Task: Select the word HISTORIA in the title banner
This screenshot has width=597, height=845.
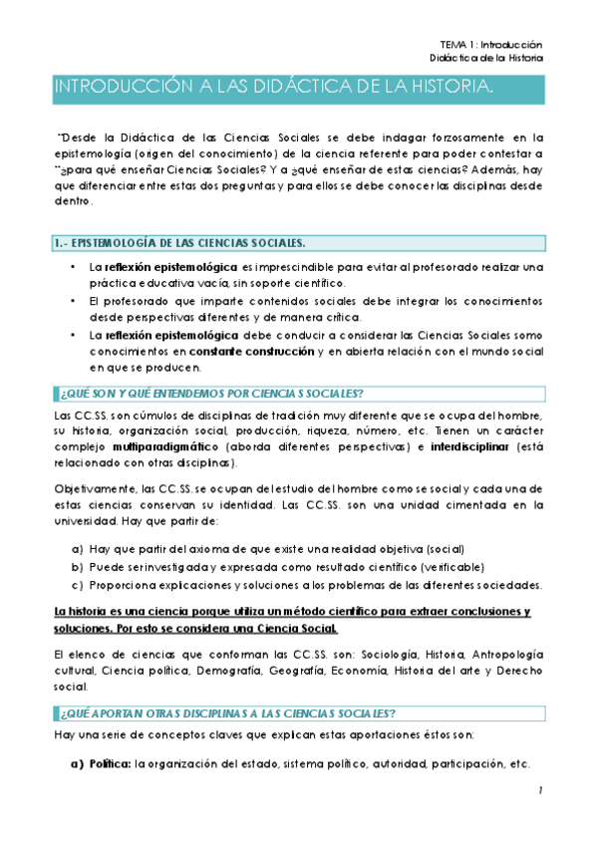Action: tap(448, 90)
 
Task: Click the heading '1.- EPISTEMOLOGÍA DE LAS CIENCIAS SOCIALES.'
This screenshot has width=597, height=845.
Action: tap(178, 243)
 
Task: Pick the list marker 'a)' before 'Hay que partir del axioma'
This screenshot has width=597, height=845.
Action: tap(77, 549)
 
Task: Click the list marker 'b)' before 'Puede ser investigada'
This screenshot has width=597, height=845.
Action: tap(77, 566)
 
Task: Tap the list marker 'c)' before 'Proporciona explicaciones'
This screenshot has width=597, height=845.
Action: tap(77, 584)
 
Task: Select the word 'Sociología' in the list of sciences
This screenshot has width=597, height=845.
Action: tap(390, 653)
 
